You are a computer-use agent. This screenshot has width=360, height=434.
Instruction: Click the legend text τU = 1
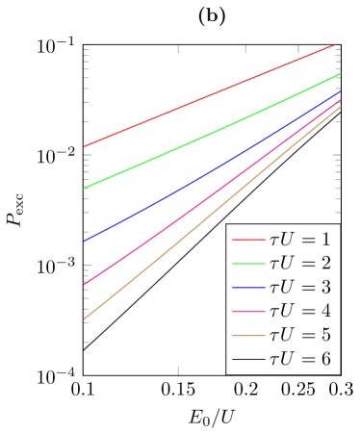[300, 239]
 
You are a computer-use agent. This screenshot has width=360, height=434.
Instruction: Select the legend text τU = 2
[300, 263]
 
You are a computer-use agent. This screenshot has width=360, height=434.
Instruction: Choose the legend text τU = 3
[300, 287]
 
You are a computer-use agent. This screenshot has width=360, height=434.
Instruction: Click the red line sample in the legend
[247, 239]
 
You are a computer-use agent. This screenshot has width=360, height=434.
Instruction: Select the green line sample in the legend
[247, 263]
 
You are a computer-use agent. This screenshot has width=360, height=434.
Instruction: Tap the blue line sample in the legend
[247, 287]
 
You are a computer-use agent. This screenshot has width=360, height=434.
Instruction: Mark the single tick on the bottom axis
[178, 370]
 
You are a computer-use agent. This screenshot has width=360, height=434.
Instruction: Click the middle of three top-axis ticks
[245, 48]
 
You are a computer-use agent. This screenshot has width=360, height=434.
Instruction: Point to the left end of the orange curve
[85, 319]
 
